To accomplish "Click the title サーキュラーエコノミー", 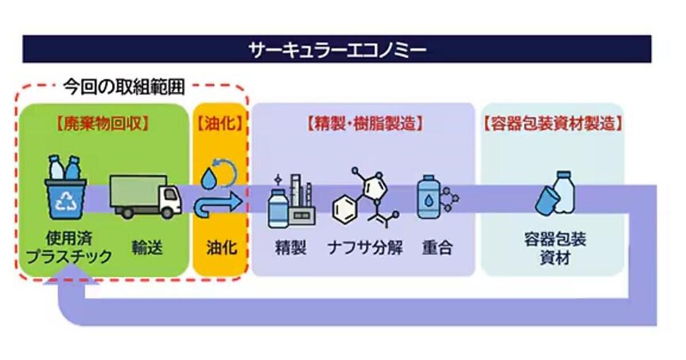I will tap(337, 49).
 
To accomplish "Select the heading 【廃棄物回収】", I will tap(102, 123).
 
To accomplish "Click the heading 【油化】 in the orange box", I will tap(220, 123).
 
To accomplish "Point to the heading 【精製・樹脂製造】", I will tap(364, 123).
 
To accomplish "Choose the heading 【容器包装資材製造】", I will tap(552, 123).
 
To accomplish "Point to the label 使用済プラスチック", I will tap(70, 247).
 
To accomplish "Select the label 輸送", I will tap(147, 247).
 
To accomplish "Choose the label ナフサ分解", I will tap(365, 248).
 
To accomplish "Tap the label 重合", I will tap(437, 248).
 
